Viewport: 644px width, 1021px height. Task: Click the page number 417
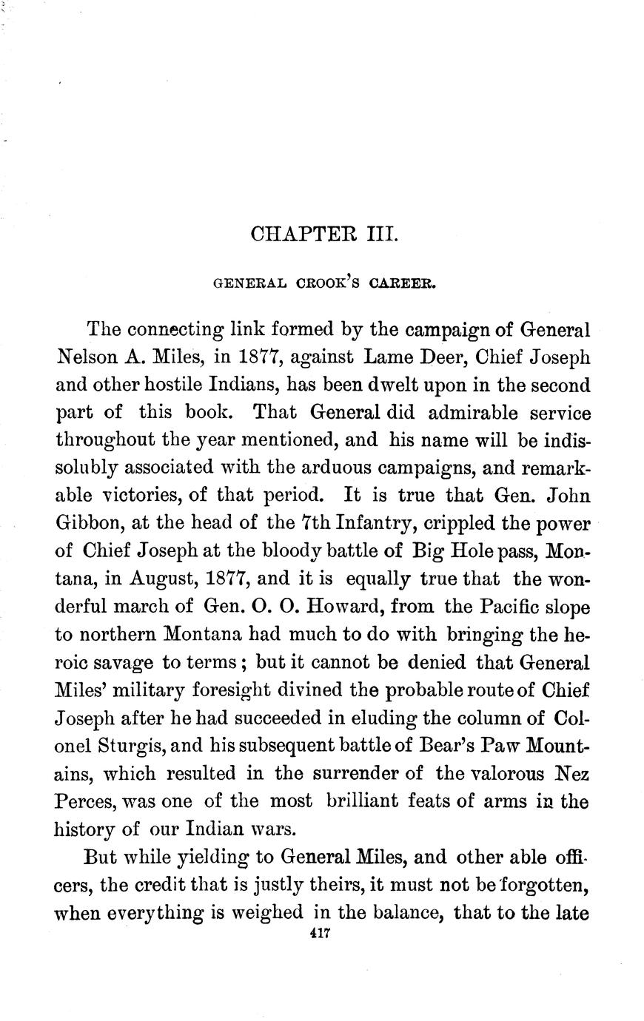click(320, 934)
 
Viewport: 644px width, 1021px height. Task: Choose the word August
click(168, 579)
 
